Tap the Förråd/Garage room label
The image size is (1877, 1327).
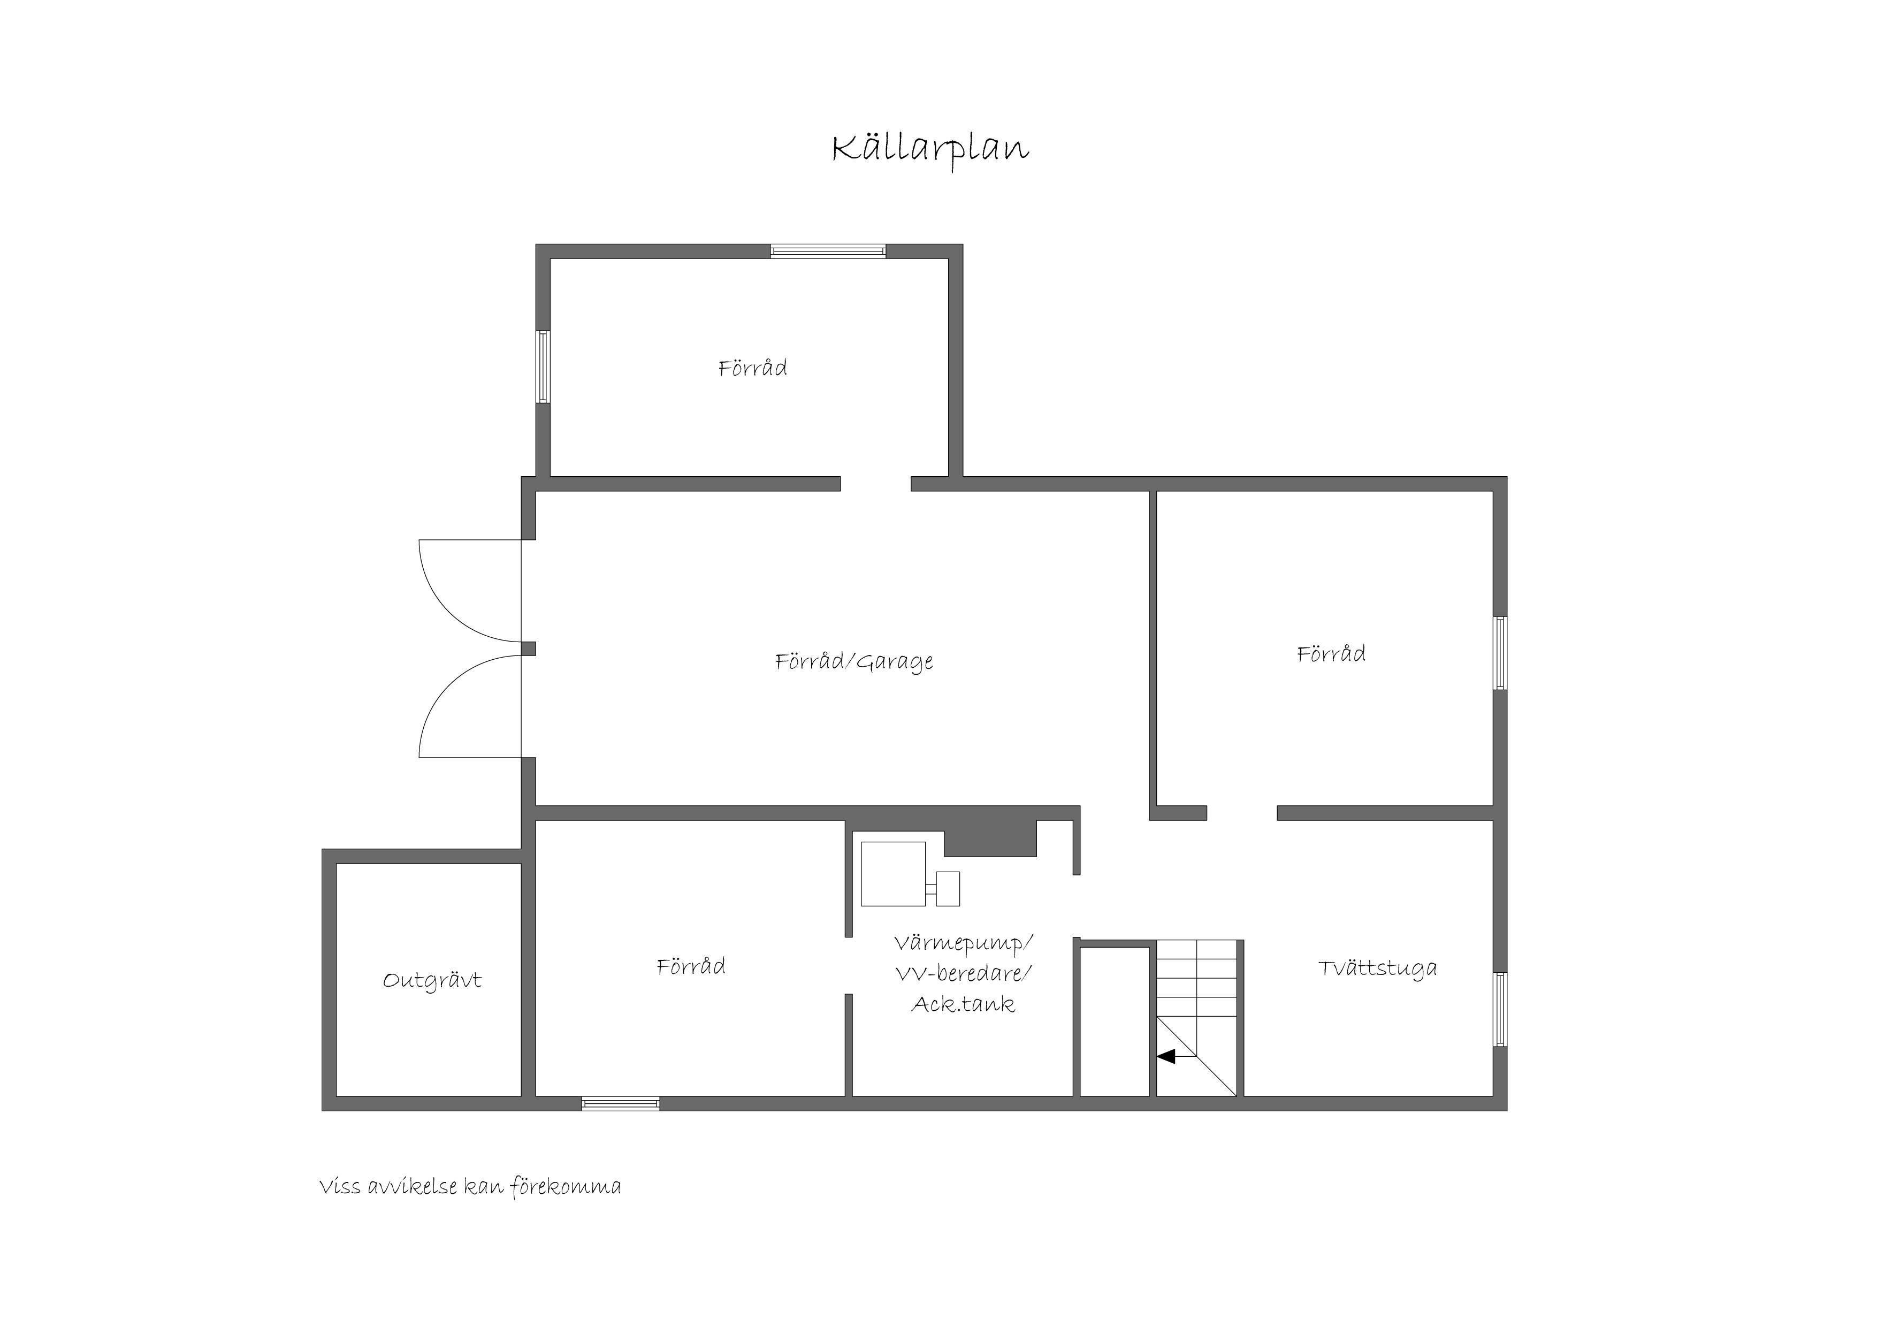pyautogui.click(x=854, y=661)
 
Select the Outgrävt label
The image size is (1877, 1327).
pyautogui.click(x=432, y=980)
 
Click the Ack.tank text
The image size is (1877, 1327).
pyautogui.click(x=964, y=1004)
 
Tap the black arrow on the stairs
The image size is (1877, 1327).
pyautogui.click(x=1166, y=1056)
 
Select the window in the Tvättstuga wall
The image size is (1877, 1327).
pyautogui.click(x=1500, y=1009)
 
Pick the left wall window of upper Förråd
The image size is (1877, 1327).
pyautogui.click(x=543, y=367)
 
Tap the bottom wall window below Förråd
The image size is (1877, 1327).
pyautogui.click(x=621, y=1104)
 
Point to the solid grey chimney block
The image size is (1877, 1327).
pyautogui.click(x=990, y=838)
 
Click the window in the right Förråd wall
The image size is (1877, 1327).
pyautogui.click(x=1500, y=653)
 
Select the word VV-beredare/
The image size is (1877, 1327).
pyautogui.click(x=964, y=974)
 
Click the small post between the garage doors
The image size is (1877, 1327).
pyautogui.click(x=529, y=649)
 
